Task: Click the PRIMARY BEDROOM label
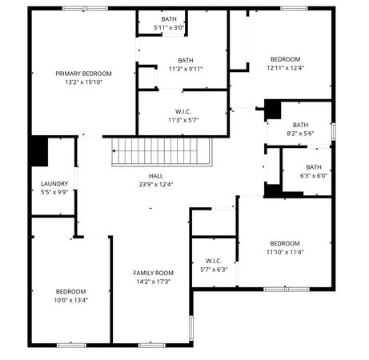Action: click(x=83, y=73)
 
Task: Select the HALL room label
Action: click(x=155, y=176)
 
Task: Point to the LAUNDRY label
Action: click(x=54, y=183)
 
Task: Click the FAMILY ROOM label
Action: click(x=153, y=273)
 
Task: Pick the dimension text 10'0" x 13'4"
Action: click(x=70, y=300)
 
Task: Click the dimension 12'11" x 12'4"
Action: click(x=285, y=68)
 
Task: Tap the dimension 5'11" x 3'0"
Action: click(x=169, y=27)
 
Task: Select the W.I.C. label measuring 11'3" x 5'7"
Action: click(x=182, y=111)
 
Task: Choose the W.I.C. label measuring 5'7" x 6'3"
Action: click(x=213, y=260)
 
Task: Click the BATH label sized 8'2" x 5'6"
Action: click(x=300, y=124)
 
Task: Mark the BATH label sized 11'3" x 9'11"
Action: click(x=185, y=60)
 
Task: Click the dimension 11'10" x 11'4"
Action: click(x=284, y=252)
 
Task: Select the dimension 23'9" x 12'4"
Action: click(x=155, y=185)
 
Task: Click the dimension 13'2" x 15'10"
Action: click(x=83, y=82)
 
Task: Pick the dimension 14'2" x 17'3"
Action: click(x=153, y=282)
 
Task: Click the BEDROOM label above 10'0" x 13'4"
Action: click(x=70, y=291)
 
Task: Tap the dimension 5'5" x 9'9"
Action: click(x=54, y=192)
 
